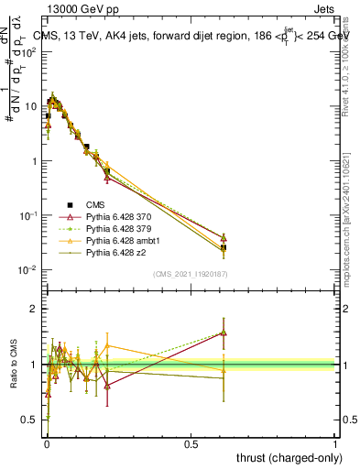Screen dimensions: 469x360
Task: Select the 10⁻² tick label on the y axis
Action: pos(27,270)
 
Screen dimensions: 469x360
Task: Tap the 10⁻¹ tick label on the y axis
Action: pos(27,216)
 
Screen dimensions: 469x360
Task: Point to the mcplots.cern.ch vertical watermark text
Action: pos(348,220)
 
